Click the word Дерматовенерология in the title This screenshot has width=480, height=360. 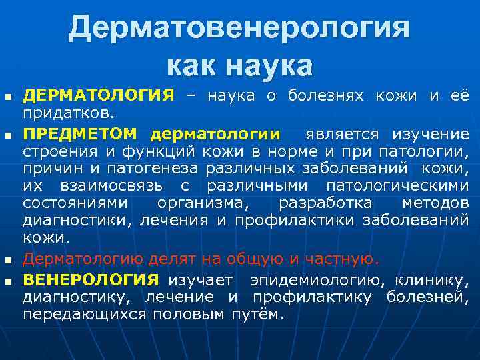click(x=239, y=28)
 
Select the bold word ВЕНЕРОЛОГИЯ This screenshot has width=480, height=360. click(x=91, y=279)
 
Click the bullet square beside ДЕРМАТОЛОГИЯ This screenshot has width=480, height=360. click(x=7, y=97)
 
